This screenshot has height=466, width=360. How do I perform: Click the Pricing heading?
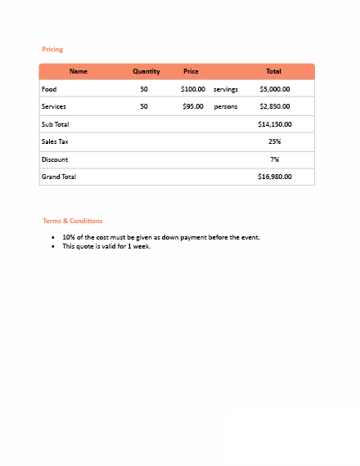click(x=52, y=50)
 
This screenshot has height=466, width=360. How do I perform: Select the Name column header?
click(x=79, y=72)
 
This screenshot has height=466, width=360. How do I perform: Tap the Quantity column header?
click(x=146, y=72)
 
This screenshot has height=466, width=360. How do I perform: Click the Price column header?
click(x=191, y=72)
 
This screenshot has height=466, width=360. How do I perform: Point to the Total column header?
click(x=273, y=72)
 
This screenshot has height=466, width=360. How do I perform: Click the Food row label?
click(x=49, y=89)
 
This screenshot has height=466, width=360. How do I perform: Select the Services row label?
click(x=54, y=106)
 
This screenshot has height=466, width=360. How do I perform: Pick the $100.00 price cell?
click(x=193, y=89)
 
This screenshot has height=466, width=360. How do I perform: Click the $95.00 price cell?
click(x=193, y=106)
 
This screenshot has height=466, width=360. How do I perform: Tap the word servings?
click(x=225, y=89)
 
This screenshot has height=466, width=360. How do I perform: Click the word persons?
click(x=225, y=106)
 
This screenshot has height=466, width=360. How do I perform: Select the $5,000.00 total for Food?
click(x=275, y=89)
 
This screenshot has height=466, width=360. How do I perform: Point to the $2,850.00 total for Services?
click(x=275, y=106)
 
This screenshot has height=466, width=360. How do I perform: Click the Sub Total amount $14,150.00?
click(x=275, y=124)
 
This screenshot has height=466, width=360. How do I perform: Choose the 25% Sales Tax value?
click(x=275, y=141)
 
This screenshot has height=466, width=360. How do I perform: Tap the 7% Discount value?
click(x=275, y=159)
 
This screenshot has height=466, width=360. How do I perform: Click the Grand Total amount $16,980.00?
click(x=275, y=177)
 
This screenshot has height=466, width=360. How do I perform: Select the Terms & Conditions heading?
click(x=73, y=221)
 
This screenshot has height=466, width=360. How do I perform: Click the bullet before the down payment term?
click(x=53, y=238)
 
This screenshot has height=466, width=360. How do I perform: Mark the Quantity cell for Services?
click(x=144, y=106)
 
